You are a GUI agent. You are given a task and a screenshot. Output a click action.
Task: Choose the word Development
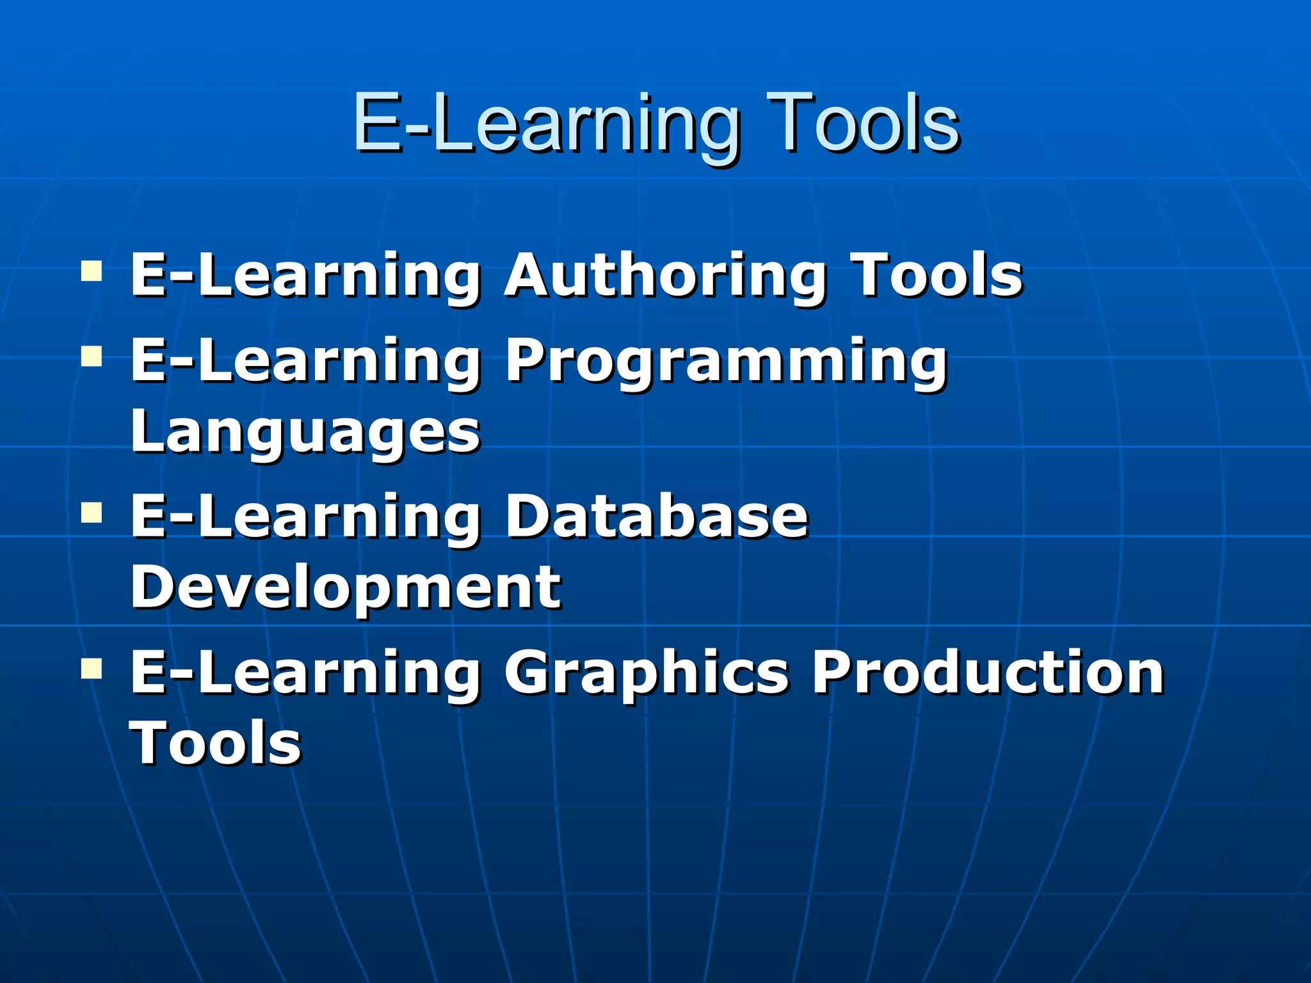tap(346, 587)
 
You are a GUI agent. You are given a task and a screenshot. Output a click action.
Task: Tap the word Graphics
tap(646, 674)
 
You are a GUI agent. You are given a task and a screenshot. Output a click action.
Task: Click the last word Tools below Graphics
tap(216, 742)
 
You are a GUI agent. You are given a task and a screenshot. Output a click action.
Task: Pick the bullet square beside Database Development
tap(92, 512)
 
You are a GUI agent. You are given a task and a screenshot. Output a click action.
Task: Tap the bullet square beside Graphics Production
tap(92, 668)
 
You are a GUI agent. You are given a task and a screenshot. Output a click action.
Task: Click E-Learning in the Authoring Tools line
tap(305, 277)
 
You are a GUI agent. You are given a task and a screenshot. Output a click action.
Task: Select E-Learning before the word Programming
tap(305, 362)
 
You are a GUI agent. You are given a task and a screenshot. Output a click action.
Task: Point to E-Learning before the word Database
tap(305, 518)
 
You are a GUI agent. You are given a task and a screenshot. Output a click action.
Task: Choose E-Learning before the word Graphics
tap(305, 674)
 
